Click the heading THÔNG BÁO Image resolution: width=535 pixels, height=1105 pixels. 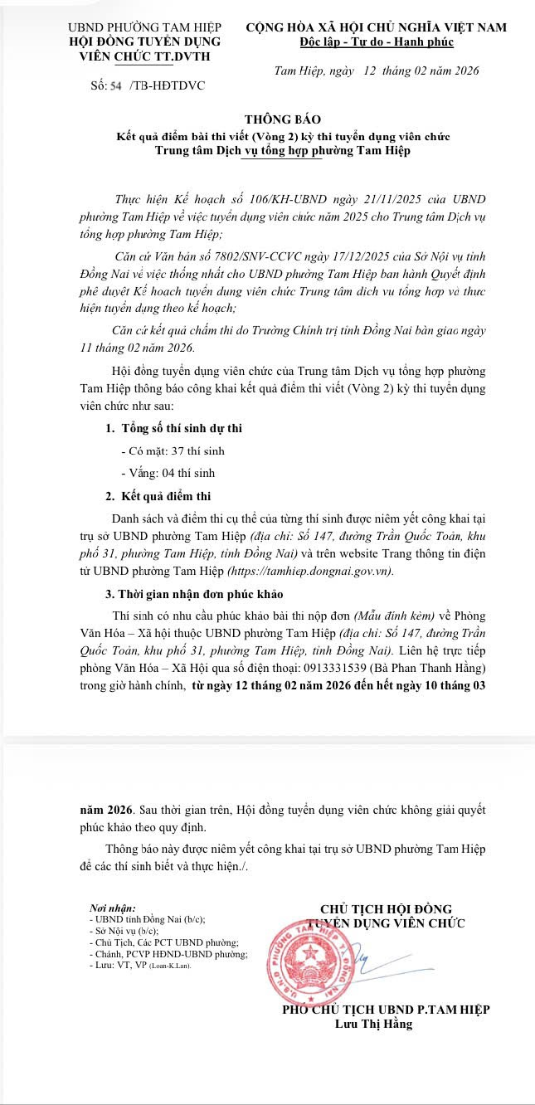282,119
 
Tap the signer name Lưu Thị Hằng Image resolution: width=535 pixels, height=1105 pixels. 373,1024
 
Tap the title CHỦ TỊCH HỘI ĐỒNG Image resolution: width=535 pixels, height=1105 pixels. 386,909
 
